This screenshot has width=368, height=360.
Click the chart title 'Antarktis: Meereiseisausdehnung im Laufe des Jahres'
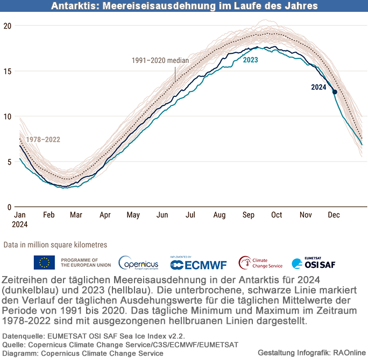185,6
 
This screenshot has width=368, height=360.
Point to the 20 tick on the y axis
7,26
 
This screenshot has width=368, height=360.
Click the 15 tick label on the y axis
7,71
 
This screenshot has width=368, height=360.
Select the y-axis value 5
9,161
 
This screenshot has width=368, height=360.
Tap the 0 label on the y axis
9,207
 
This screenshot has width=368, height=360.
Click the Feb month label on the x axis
48,215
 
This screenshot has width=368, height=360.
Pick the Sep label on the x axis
248,215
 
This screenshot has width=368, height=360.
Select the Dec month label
334,215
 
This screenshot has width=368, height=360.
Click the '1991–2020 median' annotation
160,60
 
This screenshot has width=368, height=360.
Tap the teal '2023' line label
250,60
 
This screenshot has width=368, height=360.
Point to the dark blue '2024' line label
319,87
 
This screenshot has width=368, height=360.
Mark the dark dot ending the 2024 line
335,92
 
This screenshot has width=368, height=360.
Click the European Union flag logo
44,262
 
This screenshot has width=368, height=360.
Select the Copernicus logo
138,263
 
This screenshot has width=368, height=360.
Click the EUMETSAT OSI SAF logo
314,263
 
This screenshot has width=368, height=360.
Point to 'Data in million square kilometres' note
55,245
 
